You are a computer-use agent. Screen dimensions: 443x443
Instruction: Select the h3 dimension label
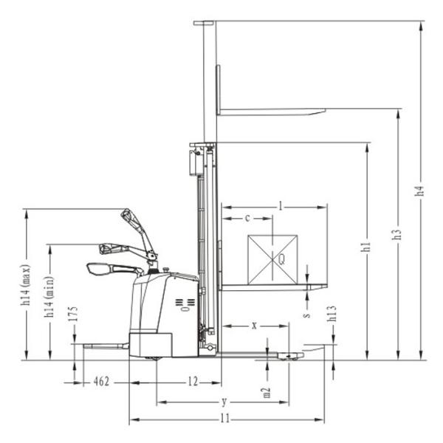(x=397, y=234)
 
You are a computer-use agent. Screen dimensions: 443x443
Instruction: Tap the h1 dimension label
(x=366, y=247)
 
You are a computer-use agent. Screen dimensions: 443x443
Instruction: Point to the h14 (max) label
(x=25, y=285)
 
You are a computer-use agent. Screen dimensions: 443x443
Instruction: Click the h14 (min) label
(x=49, y=297)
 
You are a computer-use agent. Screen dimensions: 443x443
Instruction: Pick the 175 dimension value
(x=73, y=314)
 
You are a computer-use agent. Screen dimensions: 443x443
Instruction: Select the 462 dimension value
(x=101, y=382)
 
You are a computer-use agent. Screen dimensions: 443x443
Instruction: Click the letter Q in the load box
(x=281, y=259)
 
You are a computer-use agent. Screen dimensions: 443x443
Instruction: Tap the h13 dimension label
(x=332, y=313)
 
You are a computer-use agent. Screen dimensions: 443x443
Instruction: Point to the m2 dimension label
(x=267, y=393)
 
